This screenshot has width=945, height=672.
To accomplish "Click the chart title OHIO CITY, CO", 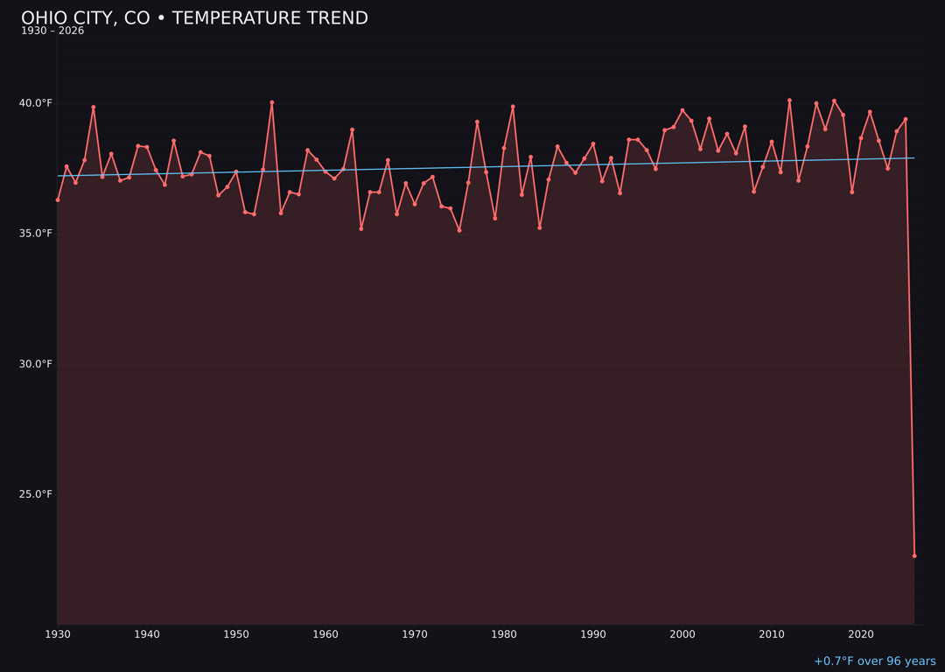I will [194, 18].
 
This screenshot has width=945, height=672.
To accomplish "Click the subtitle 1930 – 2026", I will [52, 31].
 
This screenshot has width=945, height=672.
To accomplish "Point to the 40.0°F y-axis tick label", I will [36, 103].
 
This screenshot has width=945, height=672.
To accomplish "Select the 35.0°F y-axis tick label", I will [36, 234].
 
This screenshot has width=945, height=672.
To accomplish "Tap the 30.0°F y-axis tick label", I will [36, 364].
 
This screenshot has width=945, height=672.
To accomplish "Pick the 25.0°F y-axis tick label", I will [36, 494].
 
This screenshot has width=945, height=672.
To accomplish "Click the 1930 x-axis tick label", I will [58, 634].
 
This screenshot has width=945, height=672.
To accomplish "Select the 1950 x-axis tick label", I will [236, 634].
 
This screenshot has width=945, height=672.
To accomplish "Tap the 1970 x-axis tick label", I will [415, 634].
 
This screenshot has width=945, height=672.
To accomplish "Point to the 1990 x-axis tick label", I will [593, 634].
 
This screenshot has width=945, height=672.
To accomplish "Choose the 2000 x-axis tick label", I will [682, 634].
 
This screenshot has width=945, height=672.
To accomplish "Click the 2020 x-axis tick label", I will [861, 634].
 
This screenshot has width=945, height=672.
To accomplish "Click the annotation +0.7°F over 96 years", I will [874, 661].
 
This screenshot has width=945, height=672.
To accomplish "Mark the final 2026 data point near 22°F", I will [914, 556].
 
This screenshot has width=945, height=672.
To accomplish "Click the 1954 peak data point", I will [272, 102].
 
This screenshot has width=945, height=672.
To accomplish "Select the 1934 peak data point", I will [94, 108].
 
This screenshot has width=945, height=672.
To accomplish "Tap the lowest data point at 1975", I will [459, 230].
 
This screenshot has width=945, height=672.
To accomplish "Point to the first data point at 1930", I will [58, 199].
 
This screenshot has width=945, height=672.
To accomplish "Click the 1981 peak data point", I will [513, 107].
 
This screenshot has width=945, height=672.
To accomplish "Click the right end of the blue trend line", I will [913, 158].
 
